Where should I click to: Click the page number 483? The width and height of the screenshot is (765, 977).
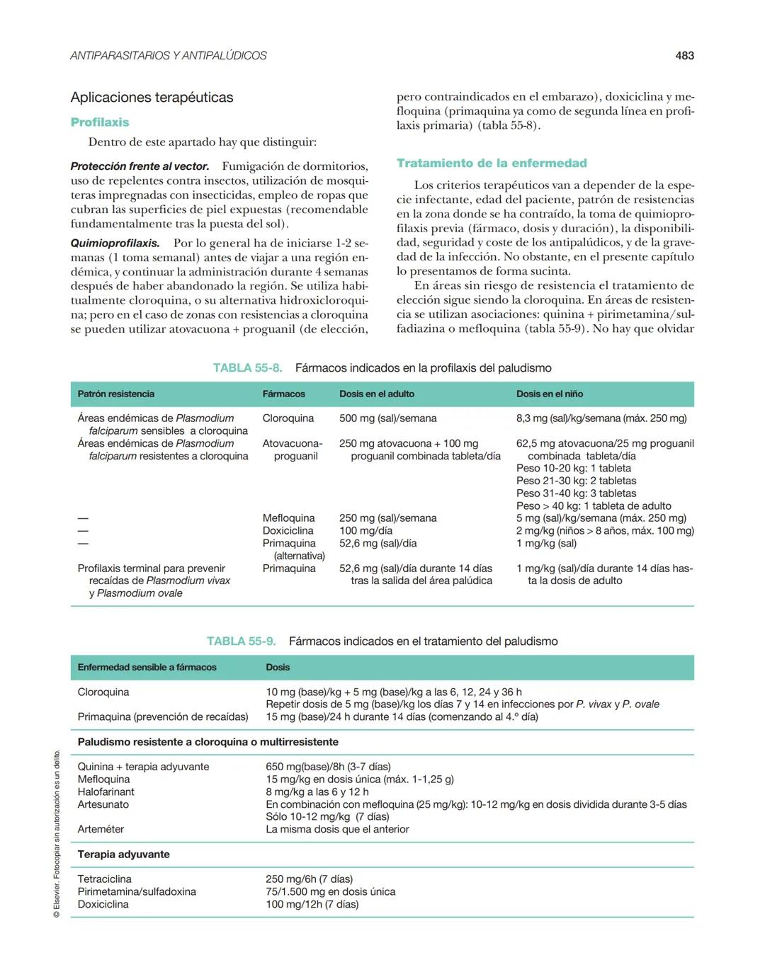click(x=684, y=55)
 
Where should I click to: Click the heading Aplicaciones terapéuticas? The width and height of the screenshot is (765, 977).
click(x=152, y=98)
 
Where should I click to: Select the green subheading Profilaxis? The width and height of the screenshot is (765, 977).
click(x=100, y=122)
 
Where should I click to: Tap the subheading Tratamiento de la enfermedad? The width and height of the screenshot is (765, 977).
click(x=492, y=164)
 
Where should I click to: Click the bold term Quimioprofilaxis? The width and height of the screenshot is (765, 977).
click(x=115, y=243)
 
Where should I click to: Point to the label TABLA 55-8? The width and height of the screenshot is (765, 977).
click(x=247, y=368)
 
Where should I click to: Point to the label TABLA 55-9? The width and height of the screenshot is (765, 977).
click(x=241, y=641)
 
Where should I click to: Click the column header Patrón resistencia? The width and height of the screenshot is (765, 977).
click(x=115, y=394)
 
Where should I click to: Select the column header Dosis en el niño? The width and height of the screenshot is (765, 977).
click(x=550, y=394)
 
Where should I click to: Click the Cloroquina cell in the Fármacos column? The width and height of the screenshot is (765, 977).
click(x=288, y=418)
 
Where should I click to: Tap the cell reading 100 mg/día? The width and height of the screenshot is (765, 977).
click(x=365, y=531)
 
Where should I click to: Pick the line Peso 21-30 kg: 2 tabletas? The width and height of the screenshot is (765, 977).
click(x=576, y=481)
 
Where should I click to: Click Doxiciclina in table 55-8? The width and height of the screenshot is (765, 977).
click(x=288, y=531)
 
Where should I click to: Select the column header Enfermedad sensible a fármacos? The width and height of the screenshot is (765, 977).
click(x=147, y=668)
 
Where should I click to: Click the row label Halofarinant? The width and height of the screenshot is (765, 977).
click(x=106, y=792)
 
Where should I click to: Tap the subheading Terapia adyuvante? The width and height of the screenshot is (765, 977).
click(x=123, y=855)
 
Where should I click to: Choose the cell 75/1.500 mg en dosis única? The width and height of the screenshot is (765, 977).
click(x=330, y=892)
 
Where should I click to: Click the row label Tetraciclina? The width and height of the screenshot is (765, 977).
click(x=104, y=879)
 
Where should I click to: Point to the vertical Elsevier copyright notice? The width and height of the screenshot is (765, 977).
click(x=56, y=835)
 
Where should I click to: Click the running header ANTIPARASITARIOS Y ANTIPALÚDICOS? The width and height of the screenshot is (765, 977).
click(x=169, y=55)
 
